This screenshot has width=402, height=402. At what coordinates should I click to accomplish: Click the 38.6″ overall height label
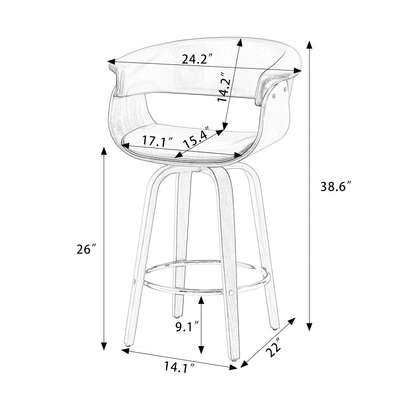click(x=336, y=187)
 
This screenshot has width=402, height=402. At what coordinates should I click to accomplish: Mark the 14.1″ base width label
click(x=179, y=367)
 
